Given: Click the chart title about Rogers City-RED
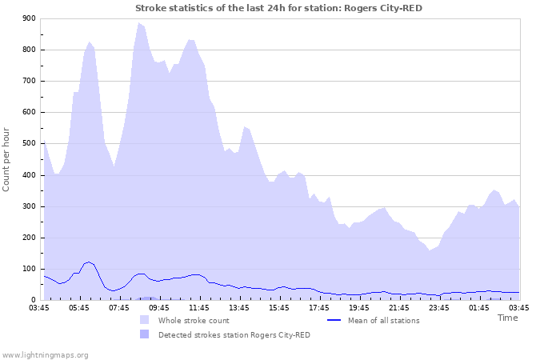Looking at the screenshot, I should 278,8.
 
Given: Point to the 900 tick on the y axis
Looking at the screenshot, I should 30,18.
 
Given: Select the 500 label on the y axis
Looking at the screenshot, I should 30,144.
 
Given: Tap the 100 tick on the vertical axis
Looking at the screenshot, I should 30,270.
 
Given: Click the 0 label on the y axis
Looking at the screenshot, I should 34,301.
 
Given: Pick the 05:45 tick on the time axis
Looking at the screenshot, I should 79,307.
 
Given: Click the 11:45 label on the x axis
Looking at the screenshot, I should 199,307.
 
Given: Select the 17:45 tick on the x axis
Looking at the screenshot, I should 319,307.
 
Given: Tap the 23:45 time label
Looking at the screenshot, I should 439,307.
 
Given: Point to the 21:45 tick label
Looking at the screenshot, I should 399,307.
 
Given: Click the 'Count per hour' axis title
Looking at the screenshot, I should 7,158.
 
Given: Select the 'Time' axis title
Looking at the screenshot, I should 507,318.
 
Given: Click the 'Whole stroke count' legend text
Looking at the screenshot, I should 194,321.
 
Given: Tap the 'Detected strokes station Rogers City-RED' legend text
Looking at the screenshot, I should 234,335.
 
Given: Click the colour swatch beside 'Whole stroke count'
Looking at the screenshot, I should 144,320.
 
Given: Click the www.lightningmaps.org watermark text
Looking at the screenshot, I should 45,354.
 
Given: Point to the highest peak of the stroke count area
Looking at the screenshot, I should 138,23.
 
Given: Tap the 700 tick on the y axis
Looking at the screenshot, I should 30,82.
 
